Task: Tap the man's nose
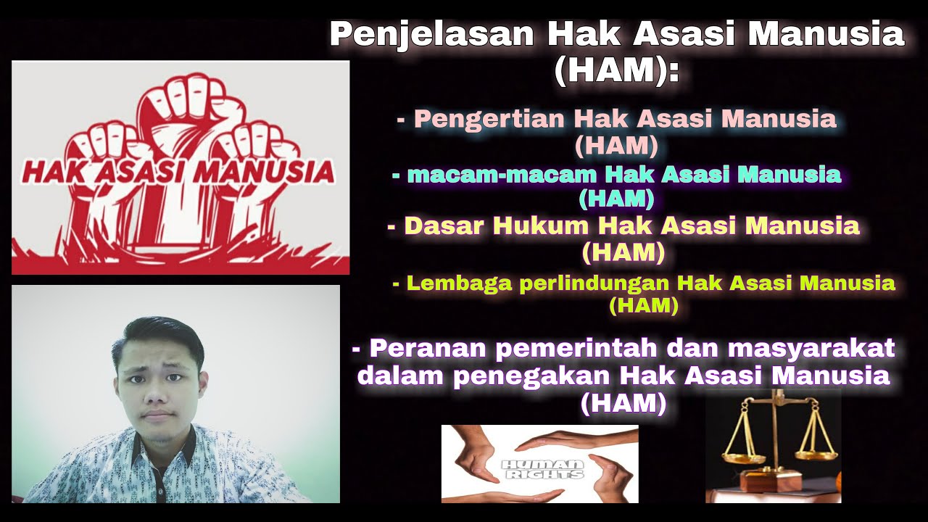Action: [155, 395]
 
